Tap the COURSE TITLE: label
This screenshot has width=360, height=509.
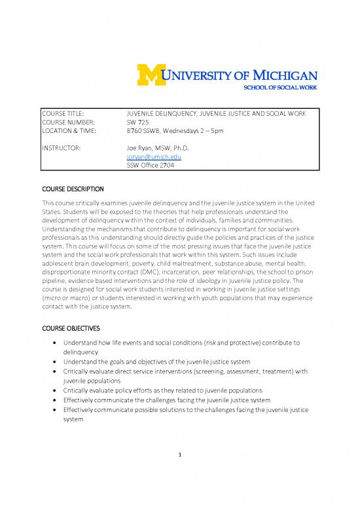point(64,113)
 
